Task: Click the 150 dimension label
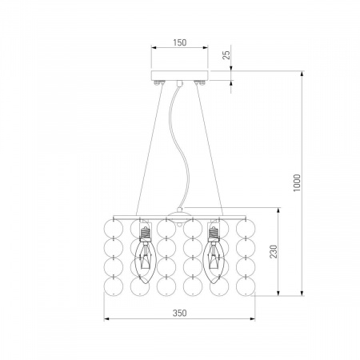pos(180,42)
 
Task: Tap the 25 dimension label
pos(226,55)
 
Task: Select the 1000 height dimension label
pos(297,183)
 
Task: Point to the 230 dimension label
pos(274,251)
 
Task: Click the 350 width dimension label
pos(179,313)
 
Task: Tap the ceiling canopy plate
pos(180,75)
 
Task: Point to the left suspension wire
pos(150,150)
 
